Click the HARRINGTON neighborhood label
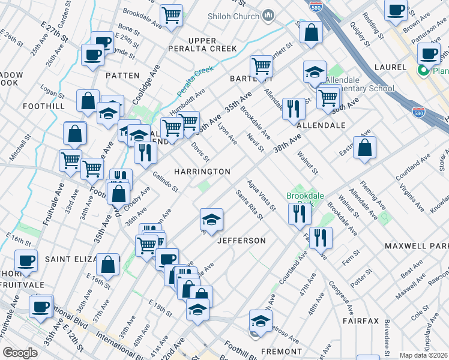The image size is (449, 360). (202, 172)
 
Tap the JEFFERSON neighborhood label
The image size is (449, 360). (241, 241)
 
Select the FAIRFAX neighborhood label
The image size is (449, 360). (361, 321)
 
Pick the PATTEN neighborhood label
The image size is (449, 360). (122, 76)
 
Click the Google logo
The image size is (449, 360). (20, 353)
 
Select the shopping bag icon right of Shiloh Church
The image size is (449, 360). (311, 34)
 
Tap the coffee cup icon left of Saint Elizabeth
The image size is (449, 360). (26, 261)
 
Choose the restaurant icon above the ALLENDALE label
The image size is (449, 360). (294, 109)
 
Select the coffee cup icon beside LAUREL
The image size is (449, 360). (429, 54)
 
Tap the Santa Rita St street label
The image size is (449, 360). (249, 205)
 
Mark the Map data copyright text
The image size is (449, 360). (423, 355)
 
